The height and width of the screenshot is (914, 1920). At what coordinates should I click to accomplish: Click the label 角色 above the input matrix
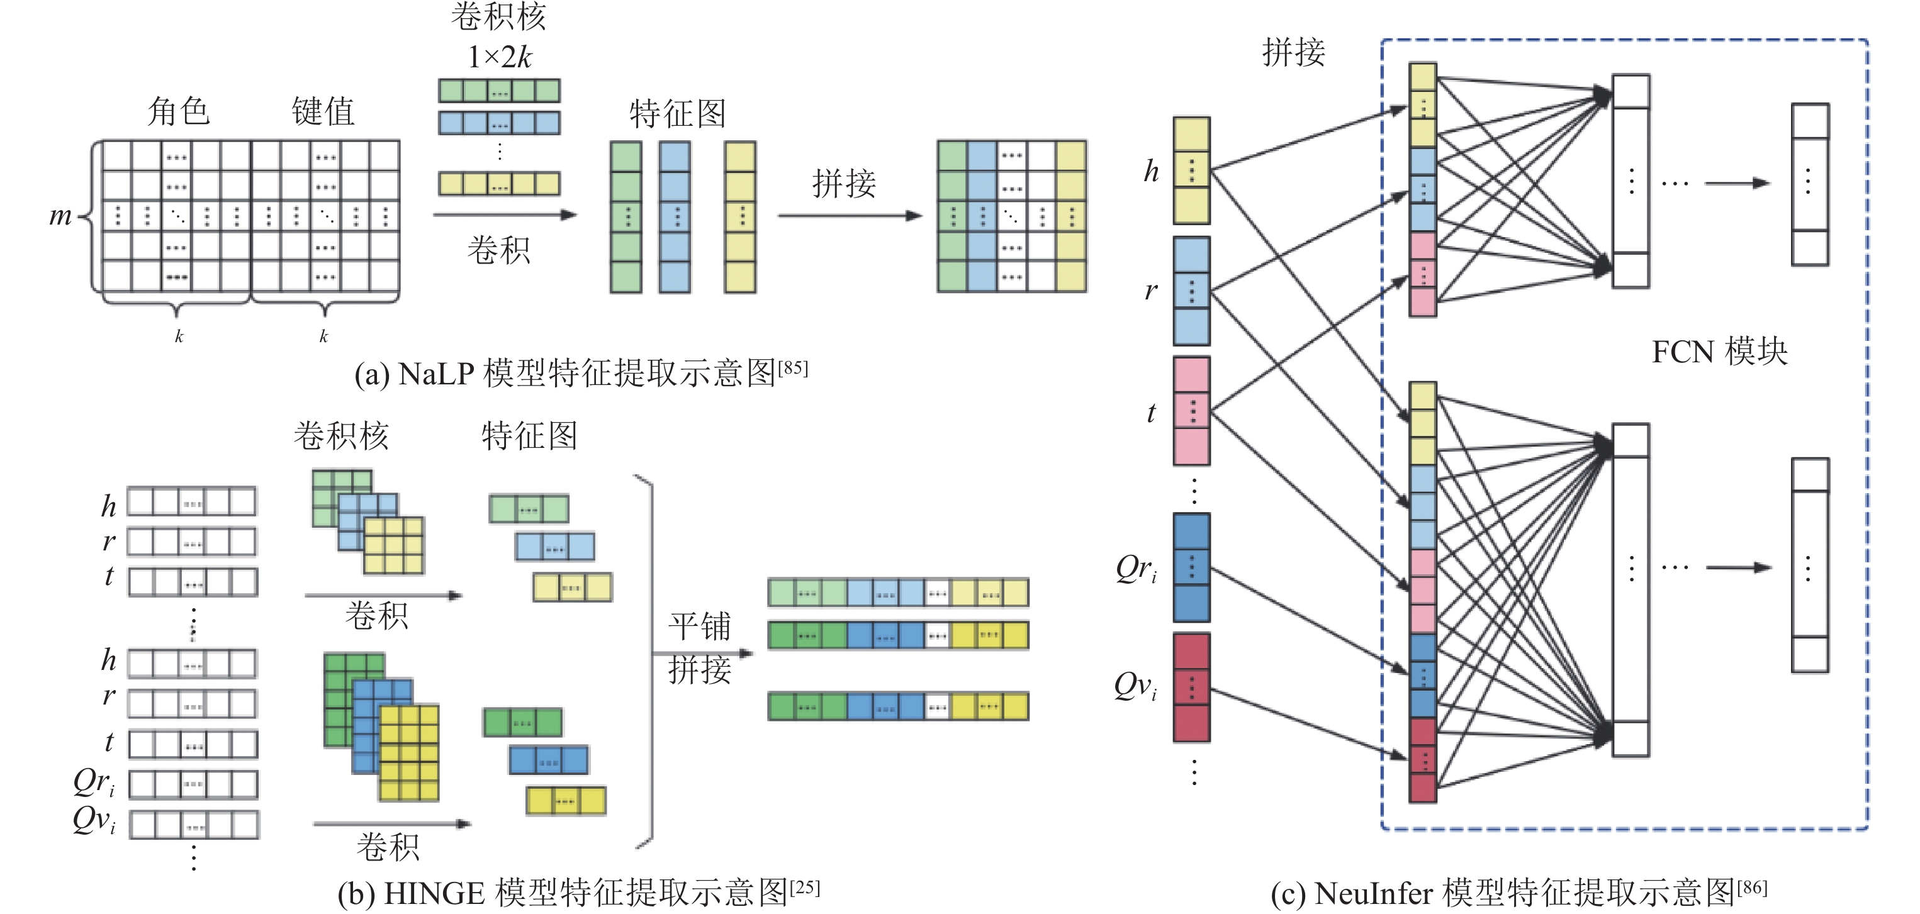pos(178,112)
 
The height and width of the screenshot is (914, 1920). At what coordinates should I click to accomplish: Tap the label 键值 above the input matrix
pos(323,112)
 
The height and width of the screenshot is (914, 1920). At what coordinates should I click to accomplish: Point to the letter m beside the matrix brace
pos(60,216)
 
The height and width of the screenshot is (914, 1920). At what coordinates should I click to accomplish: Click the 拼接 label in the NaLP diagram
pos(844,183)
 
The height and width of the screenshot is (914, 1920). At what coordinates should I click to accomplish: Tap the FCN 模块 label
pos(1719,352)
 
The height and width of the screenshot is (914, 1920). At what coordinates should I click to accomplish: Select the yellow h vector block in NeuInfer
pos(1191,170)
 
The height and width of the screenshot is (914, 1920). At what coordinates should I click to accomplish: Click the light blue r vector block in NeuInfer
pos(1191,291)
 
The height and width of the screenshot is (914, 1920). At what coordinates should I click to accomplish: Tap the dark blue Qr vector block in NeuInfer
pos(1191,567)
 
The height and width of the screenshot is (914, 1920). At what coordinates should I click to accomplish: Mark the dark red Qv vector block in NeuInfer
pos(1191,688)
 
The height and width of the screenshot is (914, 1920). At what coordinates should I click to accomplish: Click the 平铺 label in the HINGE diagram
pos(699,626)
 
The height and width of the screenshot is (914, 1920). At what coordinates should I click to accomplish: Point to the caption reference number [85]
pos(793,367)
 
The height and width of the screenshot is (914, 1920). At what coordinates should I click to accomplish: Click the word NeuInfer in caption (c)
pos(1374,893)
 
